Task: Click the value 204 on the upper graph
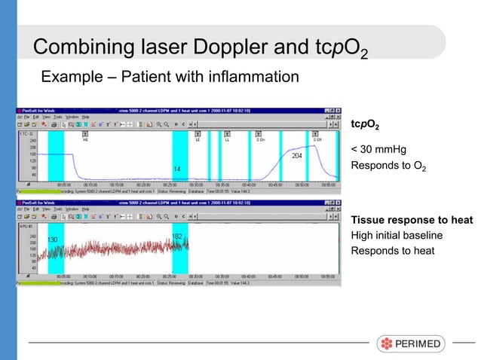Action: point(297,156)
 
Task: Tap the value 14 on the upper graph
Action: point(177,168)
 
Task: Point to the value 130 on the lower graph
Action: point(53,239)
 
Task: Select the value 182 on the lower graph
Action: point(177,236)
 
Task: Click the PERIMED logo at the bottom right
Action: point(411,343)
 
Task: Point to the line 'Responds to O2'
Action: point(388,164)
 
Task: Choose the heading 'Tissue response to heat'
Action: point(412,220)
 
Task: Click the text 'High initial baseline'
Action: point(397,235)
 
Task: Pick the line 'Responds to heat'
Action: point(393,250)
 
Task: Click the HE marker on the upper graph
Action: point(85,140)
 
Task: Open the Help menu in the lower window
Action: point(85,209)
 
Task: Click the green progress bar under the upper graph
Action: point(35,191)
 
